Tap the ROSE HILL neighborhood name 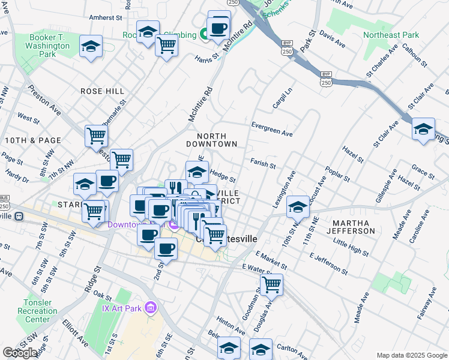pyautogui.click(x=103, y=91)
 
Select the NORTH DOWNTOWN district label pyautogui.click(x=211, y=140)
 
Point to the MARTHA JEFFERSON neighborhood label pyautogui.click(x=352, y=227)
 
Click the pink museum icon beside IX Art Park pyautogui.click(x=150, y=308)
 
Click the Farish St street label pyautogui.click(x=263, y=163)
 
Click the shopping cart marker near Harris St pyautogui.click(x=166, y=44)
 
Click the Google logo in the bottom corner pyautogui.click(x=20, y=353)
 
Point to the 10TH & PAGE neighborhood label pyautogui.click(x=33, y=140)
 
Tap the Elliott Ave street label pyautogui.click(x=75, y=334)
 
